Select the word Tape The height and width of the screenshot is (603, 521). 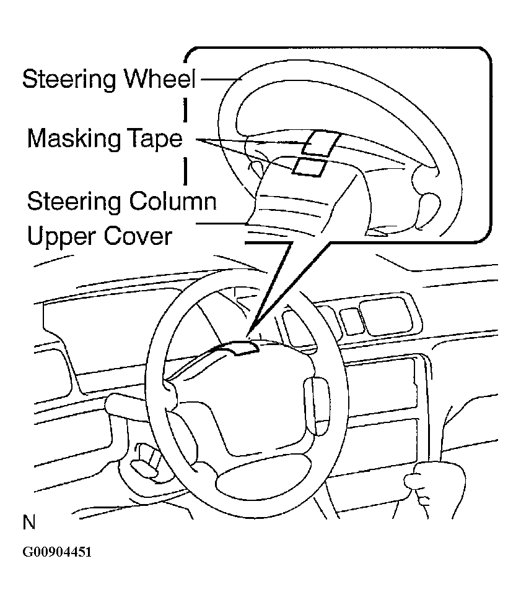click(157, 139)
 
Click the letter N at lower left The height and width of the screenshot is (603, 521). click(29, 523)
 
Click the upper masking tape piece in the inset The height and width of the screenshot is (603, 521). click(320, 143)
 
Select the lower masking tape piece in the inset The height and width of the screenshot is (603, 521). click(307, 166)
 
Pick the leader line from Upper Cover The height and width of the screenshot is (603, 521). click(223, 223)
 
